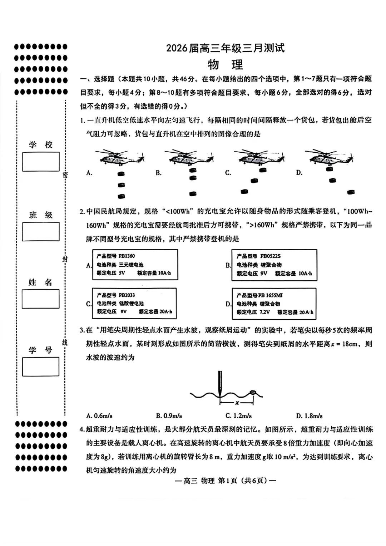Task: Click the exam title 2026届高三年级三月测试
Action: point(225,48)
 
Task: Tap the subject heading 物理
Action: point(225,65)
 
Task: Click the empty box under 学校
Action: point(41,162)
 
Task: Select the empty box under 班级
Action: point(41,231)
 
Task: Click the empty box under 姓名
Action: point(41,299)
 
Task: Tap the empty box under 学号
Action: point(41,367)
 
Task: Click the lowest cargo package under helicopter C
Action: point(244,192)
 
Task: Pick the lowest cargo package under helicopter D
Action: point(351,192)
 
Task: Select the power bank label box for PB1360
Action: point(135,265)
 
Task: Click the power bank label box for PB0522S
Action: point(274,265)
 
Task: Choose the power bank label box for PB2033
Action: point(134,303)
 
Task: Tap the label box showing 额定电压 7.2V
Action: point(274,304)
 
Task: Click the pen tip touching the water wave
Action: point(220,394)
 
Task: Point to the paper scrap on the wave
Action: point(253,392)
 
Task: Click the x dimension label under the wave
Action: point(237,403)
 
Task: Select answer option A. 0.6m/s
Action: point(99,416)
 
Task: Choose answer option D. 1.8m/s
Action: point(309,416)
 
